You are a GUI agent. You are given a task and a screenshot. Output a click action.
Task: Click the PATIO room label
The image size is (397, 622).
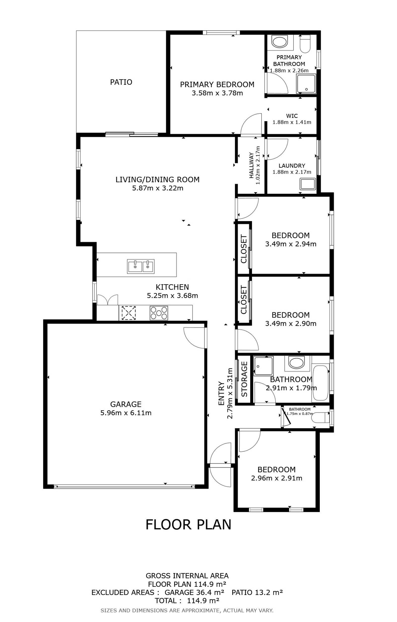click(x=121, y=82)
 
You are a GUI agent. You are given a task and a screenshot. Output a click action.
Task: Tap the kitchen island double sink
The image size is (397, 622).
click(x=141, y=266)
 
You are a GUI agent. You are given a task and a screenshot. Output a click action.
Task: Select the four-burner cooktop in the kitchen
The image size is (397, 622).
click(x=159, y=313)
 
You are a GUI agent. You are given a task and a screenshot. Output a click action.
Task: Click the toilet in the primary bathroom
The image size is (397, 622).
click(x=305, y=44)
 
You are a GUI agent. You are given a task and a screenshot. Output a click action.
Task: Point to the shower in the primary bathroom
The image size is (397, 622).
click(x=306, y=84)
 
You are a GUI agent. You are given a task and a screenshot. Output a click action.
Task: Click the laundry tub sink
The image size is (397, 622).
click(x=308, y=184)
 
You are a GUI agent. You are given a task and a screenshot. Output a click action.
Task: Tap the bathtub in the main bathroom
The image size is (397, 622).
click(x=321, y=383)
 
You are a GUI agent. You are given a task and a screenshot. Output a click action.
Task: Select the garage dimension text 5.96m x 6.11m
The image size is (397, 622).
click(x=126, y=413)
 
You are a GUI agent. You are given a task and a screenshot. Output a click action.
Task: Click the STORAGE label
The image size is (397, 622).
click(x=244, y=379)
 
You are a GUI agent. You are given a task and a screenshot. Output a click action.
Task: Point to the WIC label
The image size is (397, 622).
click(x=292, y=116)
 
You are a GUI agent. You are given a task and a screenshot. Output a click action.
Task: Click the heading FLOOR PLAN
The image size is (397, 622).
click(x=188, y=524)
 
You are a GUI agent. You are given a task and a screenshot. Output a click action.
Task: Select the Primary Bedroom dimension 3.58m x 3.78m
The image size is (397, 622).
click(x=217, y=93)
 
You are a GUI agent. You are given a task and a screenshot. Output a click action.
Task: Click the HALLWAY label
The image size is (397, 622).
click(x=251, y=165)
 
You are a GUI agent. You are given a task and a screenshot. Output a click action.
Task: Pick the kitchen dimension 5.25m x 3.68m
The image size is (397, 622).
click(x=172, y=296)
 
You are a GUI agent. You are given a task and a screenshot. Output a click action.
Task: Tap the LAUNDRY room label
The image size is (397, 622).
click(x=292, y=166)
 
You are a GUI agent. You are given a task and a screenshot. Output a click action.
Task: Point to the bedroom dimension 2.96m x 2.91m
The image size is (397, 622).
click(x=277, y=478)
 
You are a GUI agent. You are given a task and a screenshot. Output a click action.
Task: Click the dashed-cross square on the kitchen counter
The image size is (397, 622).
click(x=129, y=313)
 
